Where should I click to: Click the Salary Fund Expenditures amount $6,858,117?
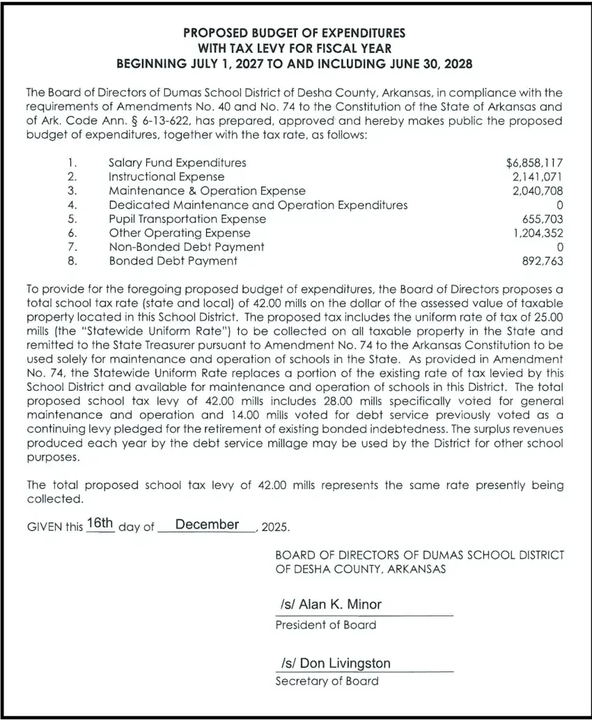click(x=534, y=163)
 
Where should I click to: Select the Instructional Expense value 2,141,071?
click(x=538, y=177)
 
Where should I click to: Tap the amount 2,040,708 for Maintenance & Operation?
click(x=538, y=191)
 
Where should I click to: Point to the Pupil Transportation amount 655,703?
click(x=543, y=219)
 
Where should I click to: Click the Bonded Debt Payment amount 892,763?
click(x=543, y=261)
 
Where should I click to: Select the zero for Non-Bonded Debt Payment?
click(x=560, y=247)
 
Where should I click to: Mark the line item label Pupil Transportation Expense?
click(x=187, y=219)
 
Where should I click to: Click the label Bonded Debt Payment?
click(x=173, y=261)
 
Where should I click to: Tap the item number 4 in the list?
click(x=72, y=205)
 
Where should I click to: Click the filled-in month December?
click(x=207, y=525)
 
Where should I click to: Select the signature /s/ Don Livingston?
click(x=336, y=663)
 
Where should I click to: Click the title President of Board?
click(x=325, y=625)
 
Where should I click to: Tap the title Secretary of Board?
click(x=327, y=681)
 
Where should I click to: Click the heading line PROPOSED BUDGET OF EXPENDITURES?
click(x=294, y=33)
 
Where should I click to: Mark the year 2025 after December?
click(x=274, y=527)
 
